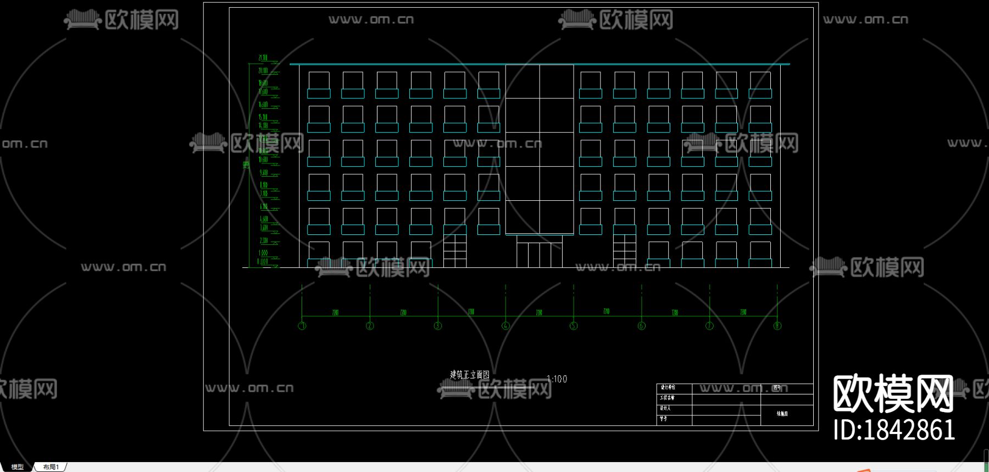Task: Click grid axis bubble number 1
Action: (302, 326)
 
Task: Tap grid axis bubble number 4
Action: (505, 326)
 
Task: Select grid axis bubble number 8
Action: (777, 326)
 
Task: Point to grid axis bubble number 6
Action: (641, 326)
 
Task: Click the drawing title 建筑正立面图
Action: (470, 375)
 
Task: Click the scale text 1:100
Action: (557, 379)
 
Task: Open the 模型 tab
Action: (18, 467)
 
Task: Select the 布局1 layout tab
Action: (51, 467)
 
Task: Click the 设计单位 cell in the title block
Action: (668, 388)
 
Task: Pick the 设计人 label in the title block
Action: (665, 408)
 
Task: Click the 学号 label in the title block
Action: (664, 419)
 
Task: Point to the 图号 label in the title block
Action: (777, 388)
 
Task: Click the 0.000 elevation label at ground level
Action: (263, 262)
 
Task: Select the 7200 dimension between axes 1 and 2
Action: (335, 312)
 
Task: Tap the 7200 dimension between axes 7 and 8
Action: (743, 312)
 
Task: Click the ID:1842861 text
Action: (894, 430)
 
